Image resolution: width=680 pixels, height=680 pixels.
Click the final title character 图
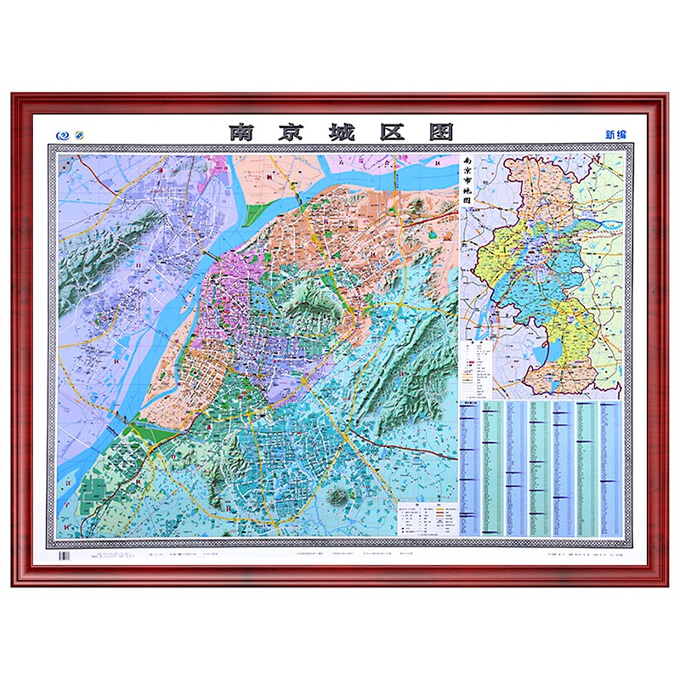[440, 133]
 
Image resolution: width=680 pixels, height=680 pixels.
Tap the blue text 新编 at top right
[615, 134]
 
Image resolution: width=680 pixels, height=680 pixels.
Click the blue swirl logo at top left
[61, 134]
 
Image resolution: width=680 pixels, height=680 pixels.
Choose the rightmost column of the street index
[610, 467]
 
